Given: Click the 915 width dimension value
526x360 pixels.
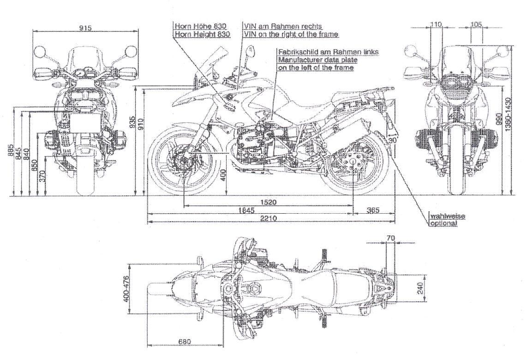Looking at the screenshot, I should click(x=85, y=28).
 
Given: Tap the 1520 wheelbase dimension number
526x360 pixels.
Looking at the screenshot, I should click(x=268, y=202).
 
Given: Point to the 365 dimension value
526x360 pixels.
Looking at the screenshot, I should click(x=373, y=210).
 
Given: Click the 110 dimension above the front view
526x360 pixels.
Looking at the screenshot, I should click(x=436, y=24).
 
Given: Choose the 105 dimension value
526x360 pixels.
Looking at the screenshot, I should click(x=477, y=24).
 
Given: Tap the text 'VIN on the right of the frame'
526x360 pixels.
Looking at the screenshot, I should click(x=290, y=34).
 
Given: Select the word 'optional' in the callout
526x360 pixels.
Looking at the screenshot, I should click(x=444, y=223).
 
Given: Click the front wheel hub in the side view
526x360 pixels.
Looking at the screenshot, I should click(x=183, y=162).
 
